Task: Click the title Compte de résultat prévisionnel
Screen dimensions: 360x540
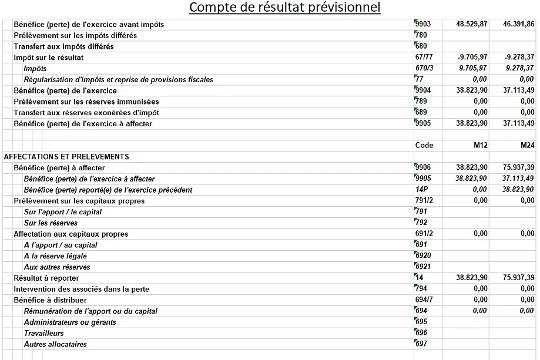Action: coord(284,8)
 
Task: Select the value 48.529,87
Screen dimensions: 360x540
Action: coord(472,25)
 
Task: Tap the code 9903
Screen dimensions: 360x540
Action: coord(423,24)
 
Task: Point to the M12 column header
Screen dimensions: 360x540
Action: coord(479,146)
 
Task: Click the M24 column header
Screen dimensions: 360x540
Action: coord(526,146)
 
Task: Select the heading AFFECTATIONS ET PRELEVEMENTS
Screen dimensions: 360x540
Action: coord(66,157)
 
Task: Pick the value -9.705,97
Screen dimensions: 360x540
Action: coord(472,58)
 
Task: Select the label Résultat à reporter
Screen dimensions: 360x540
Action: coord(46,278)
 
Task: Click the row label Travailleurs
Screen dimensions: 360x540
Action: coord(44,333)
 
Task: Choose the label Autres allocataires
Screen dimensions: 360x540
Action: coord(55,344)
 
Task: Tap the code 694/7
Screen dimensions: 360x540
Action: coord(424,300)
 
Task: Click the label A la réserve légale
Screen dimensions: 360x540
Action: coord(61,256)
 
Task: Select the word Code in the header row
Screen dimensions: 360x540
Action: coord(424,146)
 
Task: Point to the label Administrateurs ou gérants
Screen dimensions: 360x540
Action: coord(70,322)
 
